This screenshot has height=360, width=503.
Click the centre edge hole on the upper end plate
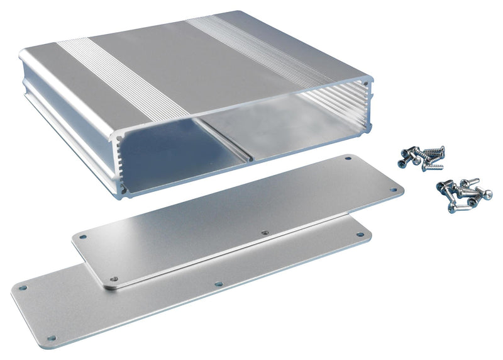coord(265,232)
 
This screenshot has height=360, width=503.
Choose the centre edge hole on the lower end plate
coord(218,284)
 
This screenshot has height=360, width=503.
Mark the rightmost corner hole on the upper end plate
coord(394,189)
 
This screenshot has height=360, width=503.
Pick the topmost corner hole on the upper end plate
coord(348,159)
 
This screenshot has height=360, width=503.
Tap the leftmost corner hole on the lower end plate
coord(23,288)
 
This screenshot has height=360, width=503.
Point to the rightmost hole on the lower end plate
coord(361,234)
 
